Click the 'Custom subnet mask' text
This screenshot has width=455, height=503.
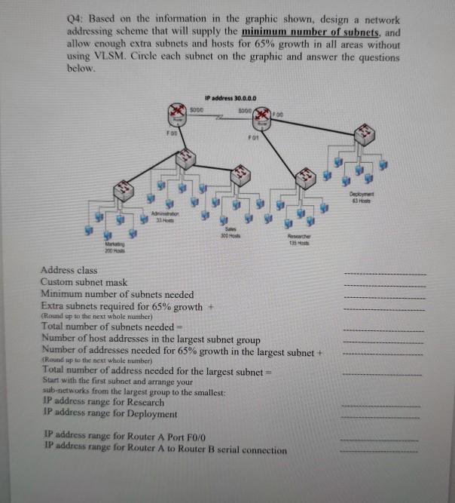(84, 281)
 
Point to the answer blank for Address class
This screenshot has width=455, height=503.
(383, 273)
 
